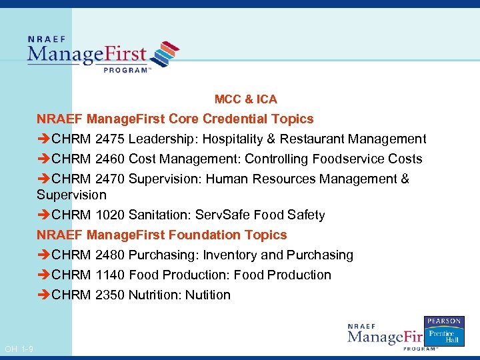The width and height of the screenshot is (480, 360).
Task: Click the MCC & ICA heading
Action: pos(245,99)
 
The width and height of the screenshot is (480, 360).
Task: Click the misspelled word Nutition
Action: pos(208,295)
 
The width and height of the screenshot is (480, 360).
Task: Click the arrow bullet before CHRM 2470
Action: pos(43,179)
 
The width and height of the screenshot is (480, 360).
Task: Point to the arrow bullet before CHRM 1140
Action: pos(43,275)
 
